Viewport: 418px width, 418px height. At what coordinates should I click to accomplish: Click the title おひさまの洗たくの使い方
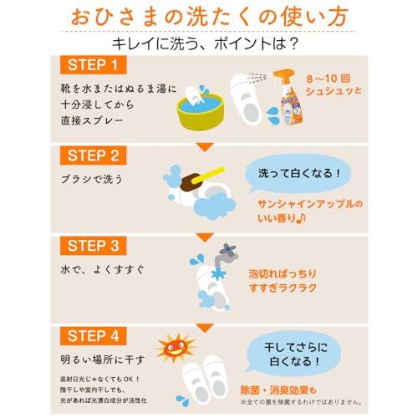(209, 17)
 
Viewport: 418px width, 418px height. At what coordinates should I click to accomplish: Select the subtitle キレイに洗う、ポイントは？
(209, 42)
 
